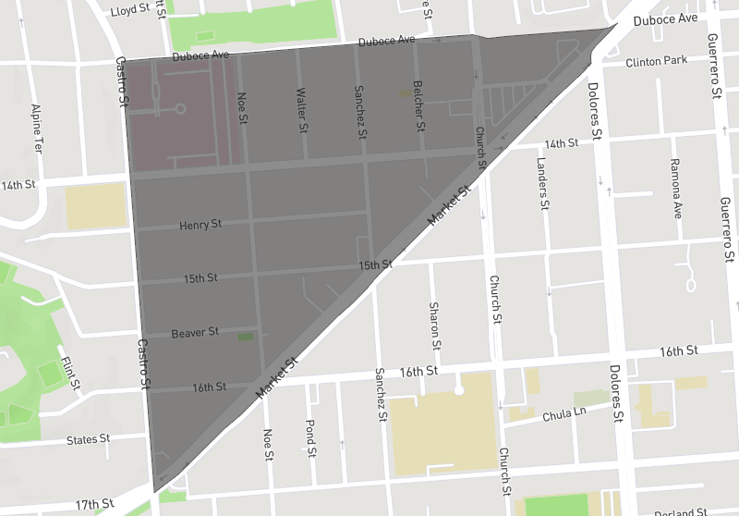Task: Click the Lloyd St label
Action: (130, 9)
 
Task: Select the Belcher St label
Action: (418, 104)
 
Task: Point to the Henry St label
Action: (200, 225)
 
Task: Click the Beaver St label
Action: (195, 331)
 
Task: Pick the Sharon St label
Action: (434, 324)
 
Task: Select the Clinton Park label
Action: (656, 62)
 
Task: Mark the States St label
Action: (88, 438)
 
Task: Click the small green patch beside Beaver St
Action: (245, 337)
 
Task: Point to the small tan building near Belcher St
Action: (405, 93)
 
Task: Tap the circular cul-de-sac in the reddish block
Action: (180, 109)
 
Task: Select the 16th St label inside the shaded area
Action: (209, 387)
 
